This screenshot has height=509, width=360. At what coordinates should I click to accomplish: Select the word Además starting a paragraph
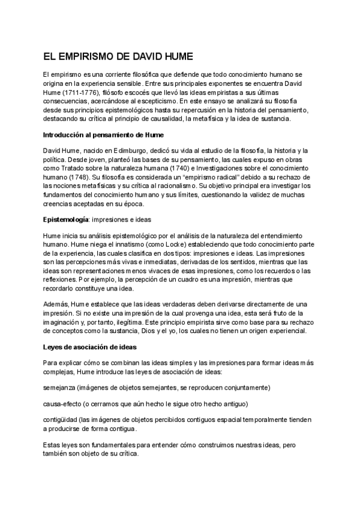point(56,304)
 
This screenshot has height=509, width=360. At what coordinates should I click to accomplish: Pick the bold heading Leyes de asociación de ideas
point(90,346)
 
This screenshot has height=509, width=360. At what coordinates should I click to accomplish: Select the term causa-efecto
point(62,403)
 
